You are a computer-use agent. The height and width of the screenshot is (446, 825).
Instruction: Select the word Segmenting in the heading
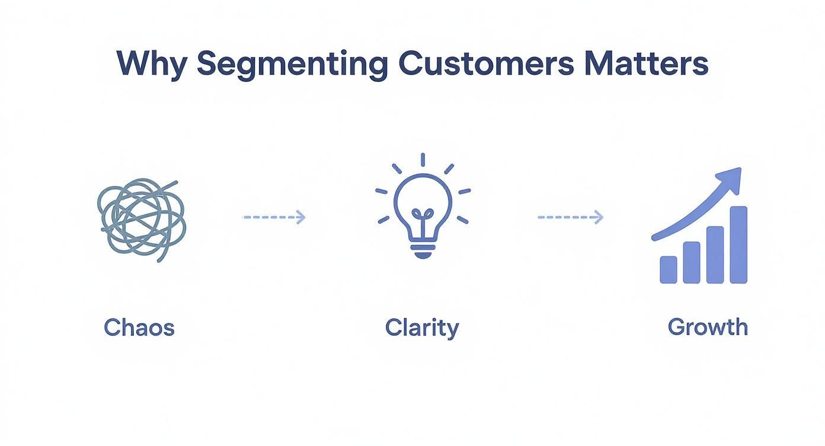click(292, 64)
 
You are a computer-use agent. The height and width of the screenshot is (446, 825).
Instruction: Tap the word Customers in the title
click(486, 63)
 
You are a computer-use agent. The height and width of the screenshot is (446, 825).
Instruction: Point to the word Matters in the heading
click(646, 63)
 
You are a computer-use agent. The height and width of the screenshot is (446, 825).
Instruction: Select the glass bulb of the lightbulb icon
click(423, 205)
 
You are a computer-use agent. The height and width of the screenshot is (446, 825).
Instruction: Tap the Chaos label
click(139, 327)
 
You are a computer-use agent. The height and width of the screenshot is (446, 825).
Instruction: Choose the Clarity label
click(422, 328)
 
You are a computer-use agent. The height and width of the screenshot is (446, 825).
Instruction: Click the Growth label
click(708, 327)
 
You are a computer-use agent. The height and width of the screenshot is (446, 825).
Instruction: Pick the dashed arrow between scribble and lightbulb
click(274, 218)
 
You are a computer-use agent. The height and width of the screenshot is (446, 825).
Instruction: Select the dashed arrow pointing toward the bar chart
click(570, 218)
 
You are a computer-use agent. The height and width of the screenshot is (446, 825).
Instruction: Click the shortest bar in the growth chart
click(669, 270)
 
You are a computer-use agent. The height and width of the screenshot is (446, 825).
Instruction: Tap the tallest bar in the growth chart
click(738, 245)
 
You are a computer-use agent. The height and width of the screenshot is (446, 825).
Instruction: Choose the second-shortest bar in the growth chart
click(692, 262)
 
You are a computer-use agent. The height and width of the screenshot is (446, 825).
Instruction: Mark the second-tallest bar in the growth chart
click(715, 255)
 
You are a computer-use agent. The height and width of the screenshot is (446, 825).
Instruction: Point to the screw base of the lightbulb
click(423, 249)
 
